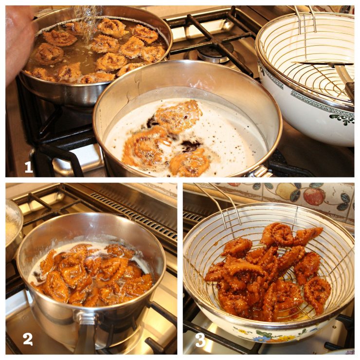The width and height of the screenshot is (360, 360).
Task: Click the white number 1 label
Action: click(x=28, y=167)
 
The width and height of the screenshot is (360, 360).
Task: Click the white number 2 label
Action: click(x=28, y=339)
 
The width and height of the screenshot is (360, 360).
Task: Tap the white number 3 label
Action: click(x=200, y=340)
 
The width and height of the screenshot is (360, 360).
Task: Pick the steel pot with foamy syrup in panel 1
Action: click(x=187, y=126)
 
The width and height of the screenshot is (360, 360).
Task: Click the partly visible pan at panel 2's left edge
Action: click(x=13, y=229)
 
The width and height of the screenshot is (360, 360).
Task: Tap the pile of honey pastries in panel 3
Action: click(x=265, y=272)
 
